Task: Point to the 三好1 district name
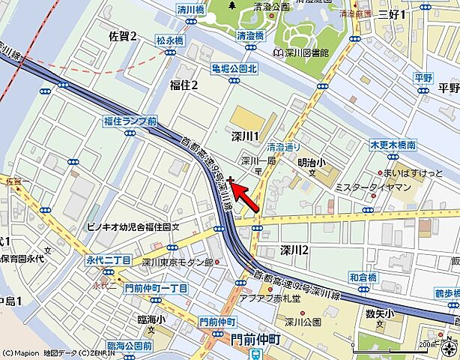tap(392, 13)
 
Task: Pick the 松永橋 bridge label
tap(170, 40)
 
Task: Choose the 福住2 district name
tap(184, 85)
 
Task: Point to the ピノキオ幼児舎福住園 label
tap(129, 225)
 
